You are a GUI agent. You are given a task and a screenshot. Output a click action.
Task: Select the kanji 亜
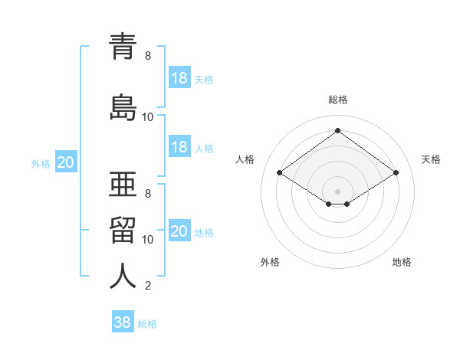pyautogui.click(x=123, y=183)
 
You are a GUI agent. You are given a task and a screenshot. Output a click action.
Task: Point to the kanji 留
pyautogui.click(x=123, y=229)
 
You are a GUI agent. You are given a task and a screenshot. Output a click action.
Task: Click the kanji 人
pyautogui.click(x=123, y=276)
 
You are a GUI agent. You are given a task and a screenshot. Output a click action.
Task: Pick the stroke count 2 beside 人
pyautogui.click(x=148, y=286)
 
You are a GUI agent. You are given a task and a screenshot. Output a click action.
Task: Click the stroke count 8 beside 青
pyautogui.click(x=148, y=56)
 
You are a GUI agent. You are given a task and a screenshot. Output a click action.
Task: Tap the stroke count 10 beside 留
pyautogui.click(x=148, y=240)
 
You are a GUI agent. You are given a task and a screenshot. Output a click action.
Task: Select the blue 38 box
pyautogui.click(x=123, y=322)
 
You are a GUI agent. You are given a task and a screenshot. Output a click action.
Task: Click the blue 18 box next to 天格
pyautogui.click(x=179, y=78)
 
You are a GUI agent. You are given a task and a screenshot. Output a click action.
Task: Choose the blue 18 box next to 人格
pyautogui.click(x=179, y=147)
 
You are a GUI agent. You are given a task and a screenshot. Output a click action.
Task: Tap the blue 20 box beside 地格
pyautogui.click(x=179, y=231)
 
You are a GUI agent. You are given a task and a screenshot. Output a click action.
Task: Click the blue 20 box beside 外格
pyautogui.click(x=66, y=162)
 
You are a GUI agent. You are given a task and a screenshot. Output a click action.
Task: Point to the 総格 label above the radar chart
pyautogui.click(x=338, y=100)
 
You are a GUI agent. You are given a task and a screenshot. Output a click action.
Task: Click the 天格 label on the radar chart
pyautogui.click(x=431, y=159)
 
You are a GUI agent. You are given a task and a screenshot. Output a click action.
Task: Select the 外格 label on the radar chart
pyautogui.click(x=269, y=262)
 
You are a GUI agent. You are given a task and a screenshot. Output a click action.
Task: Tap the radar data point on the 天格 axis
pyautogui.click(x=396, y=173)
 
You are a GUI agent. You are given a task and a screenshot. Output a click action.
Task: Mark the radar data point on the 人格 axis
pyautogui.click(x=280, y=173)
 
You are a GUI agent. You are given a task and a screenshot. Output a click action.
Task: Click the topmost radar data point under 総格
pyautogui.click(x=337, y=131)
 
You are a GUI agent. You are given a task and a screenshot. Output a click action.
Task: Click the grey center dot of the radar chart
pyautogui.click(x=337, y=190)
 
